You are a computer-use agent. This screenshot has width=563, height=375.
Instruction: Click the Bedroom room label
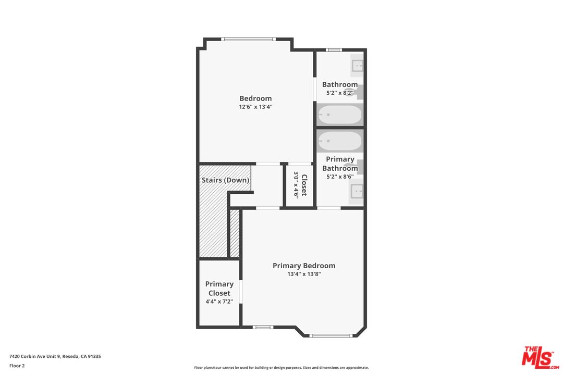pos(255,98)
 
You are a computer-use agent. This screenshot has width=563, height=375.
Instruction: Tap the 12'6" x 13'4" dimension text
pos(255,107)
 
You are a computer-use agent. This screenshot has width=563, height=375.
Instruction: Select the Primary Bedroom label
pos(304,266)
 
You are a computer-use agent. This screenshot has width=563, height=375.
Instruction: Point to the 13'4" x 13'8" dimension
pos(304,274)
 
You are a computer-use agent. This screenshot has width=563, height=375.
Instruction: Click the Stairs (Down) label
pos(226,180)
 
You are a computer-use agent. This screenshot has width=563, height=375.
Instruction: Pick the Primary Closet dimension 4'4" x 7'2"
pos(219,302)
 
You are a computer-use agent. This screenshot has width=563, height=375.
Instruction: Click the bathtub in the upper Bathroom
pos(340,115)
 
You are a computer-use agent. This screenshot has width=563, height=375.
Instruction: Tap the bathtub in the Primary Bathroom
pos(340,141)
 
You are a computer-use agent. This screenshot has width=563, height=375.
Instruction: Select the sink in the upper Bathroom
pos(357,66)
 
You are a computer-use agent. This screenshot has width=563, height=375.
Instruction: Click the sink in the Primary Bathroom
pos(357,191)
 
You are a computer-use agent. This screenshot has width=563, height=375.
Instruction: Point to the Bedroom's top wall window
pos(248,39)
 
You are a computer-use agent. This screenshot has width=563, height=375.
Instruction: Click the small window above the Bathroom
pos(334,50)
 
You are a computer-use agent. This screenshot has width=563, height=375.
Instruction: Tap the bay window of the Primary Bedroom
pos(331,336)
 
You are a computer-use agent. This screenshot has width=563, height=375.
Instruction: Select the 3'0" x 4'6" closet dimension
pos(296,185)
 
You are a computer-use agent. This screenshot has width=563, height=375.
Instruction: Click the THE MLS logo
pos(540,357)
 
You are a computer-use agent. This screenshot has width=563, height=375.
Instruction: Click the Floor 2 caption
pos(17,366)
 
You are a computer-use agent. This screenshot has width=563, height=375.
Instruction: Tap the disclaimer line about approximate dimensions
pos(281,368)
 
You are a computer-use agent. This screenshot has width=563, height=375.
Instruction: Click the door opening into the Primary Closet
pos(241,292)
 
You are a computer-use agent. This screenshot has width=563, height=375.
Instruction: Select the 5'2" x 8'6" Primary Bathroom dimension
pos(340,177)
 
